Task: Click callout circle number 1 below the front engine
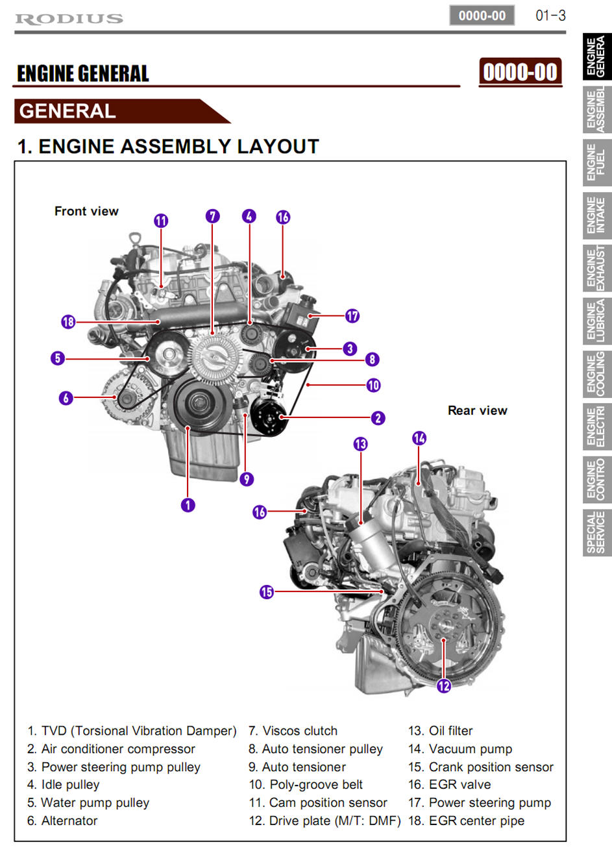(188, 504)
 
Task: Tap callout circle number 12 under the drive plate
(443, 686)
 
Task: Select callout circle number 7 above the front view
(212, 216)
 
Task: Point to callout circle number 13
(360, 444)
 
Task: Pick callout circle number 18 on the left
(68, 321)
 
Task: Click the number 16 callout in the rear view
(260, 512)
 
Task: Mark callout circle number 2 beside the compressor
(378, 418)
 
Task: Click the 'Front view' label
(86, 211)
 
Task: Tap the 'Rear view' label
(477, 410)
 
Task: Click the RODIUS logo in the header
(69, 18)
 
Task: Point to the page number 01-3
(550, 15)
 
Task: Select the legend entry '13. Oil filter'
(440, 731)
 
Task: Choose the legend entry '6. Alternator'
(62, 821)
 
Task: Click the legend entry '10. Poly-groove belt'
(306, 785)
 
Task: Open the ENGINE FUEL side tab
(596, 162)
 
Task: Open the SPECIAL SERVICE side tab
(596, 532)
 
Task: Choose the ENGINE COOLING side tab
(596, 374)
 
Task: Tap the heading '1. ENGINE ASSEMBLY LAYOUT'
(168, 147)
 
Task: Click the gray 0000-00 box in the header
(482, 16)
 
